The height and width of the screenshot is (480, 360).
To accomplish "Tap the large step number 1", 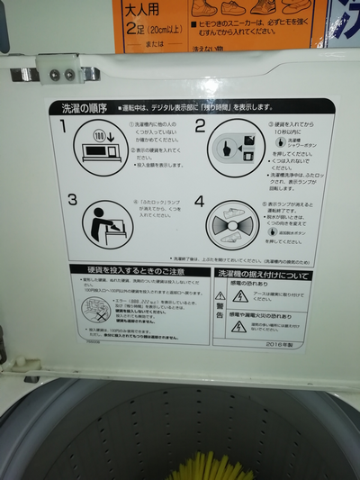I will click(x=64, y=125).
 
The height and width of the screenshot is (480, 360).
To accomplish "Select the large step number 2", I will click(x=201, y=127).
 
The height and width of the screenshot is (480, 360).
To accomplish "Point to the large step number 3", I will click(x=71, y=200).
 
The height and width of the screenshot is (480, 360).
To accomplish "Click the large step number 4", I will click(x=200, y=202).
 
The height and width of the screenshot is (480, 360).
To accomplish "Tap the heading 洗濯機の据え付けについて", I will click(x=262, y=275).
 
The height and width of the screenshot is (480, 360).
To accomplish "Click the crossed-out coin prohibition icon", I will click(x=93, y=309).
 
